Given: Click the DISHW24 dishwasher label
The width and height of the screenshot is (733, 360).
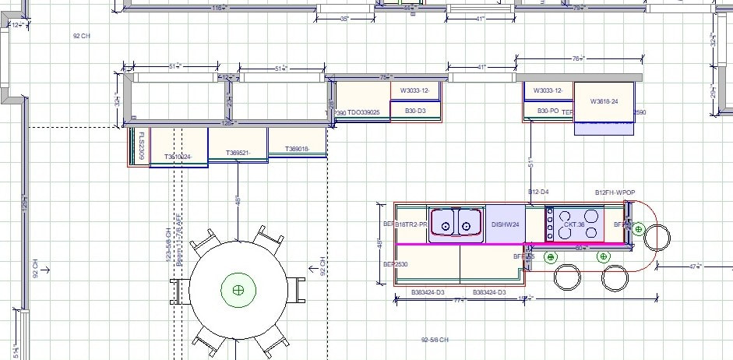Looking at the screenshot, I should (505, 224).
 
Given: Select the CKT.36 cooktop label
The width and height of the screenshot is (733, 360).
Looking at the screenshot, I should (574, 224).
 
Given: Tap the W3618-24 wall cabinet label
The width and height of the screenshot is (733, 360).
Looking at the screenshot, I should (604, 101).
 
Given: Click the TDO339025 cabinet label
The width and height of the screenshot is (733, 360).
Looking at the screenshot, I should (363, 112).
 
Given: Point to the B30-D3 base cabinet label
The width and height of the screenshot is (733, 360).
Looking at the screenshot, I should (415, 111).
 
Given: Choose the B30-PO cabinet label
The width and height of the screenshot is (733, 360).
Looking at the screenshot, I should (548, 111).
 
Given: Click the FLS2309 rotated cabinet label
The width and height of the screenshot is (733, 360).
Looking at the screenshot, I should (141, 146).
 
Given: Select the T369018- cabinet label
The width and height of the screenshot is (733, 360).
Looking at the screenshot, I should (297, 149).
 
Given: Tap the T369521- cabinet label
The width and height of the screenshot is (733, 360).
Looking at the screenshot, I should (238, 153).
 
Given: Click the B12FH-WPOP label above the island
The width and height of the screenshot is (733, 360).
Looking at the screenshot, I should (615, 192).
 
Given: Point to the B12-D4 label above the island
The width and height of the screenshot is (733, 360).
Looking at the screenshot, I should (538, 192).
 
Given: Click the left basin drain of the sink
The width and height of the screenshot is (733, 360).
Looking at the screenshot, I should (445, 228).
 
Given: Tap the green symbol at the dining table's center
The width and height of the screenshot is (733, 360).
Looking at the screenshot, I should (238, 290).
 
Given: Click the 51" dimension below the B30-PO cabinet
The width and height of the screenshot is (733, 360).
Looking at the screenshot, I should (530, 163).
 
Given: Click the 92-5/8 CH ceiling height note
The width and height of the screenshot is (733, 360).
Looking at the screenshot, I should (436, 340).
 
